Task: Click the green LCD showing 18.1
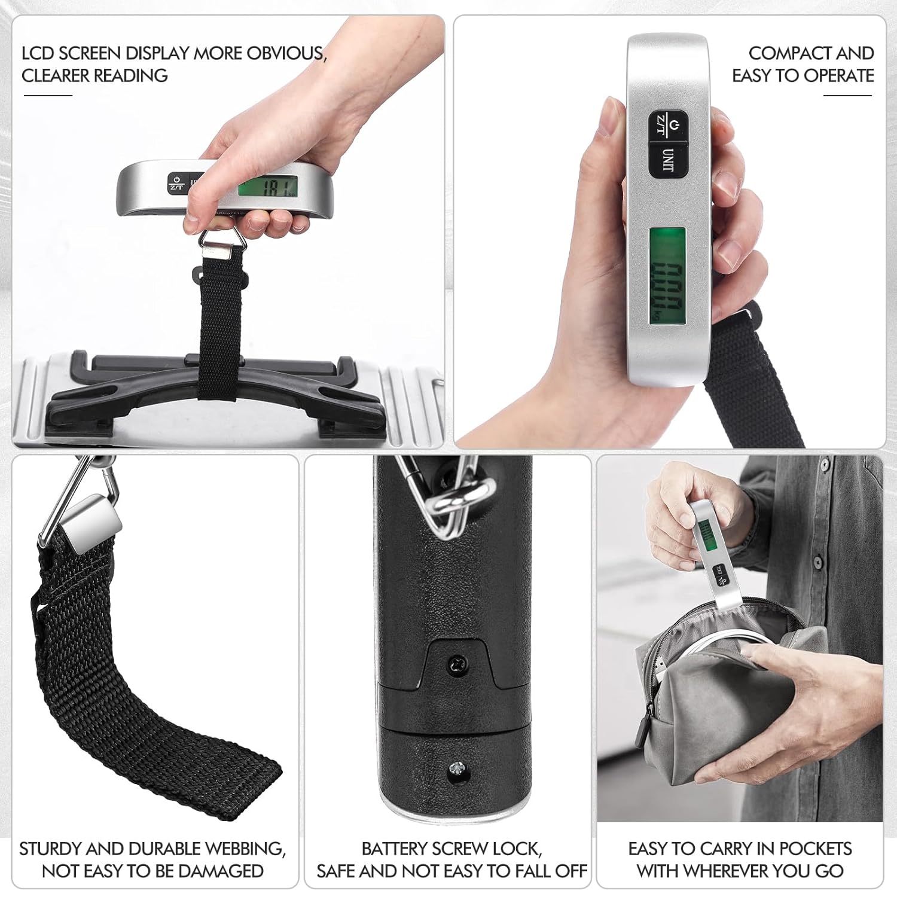click(268, 188)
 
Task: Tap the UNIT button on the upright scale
click(669, 160)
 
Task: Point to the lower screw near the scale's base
click(457, 768)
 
